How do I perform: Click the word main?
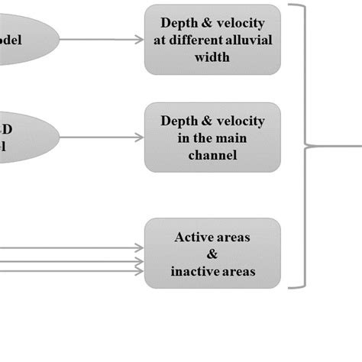click(x=225, y=138)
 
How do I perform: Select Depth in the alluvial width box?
click(x=180, y=24)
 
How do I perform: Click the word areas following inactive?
click(x=237, y=271)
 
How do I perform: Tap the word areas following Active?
click(x=232, y=238)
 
